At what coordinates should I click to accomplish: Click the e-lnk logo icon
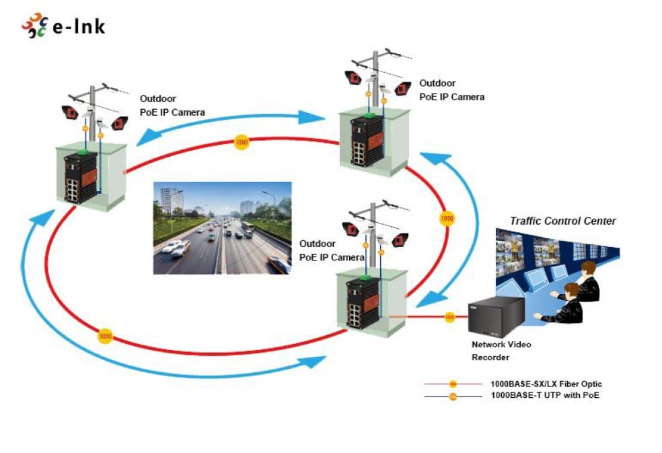pos(34,26)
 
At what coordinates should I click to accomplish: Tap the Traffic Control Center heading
pos(563,221)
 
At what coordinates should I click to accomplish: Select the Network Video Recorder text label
pos(501,351)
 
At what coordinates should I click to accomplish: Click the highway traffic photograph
pos(222,228)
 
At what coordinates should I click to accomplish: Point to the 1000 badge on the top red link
pos(242,143)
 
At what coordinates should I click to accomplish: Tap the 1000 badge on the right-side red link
pos(447,219)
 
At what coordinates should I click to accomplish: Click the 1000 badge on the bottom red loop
pos(105,337)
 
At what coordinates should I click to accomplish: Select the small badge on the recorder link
pos(450,316)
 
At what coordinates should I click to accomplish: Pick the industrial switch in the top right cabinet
pos(367,140)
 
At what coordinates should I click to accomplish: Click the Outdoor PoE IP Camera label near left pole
pos(172,106)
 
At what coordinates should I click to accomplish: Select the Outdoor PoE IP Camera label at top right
pos(451,90)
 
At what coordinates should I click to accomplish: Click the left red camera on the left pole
pos(70,112)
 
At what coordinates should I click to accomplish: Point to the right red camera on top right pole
pos(403,88)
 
